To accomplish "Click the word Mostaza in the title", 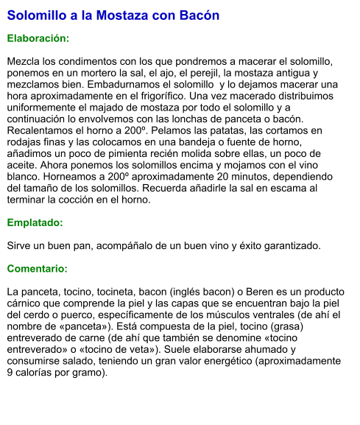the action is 124,15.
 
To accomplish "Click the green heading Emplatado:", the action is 35,222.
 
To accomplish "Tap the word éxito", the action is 239,245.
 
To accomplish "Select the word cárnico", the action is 25,303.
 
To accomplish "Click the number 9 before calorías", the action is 10,372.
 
